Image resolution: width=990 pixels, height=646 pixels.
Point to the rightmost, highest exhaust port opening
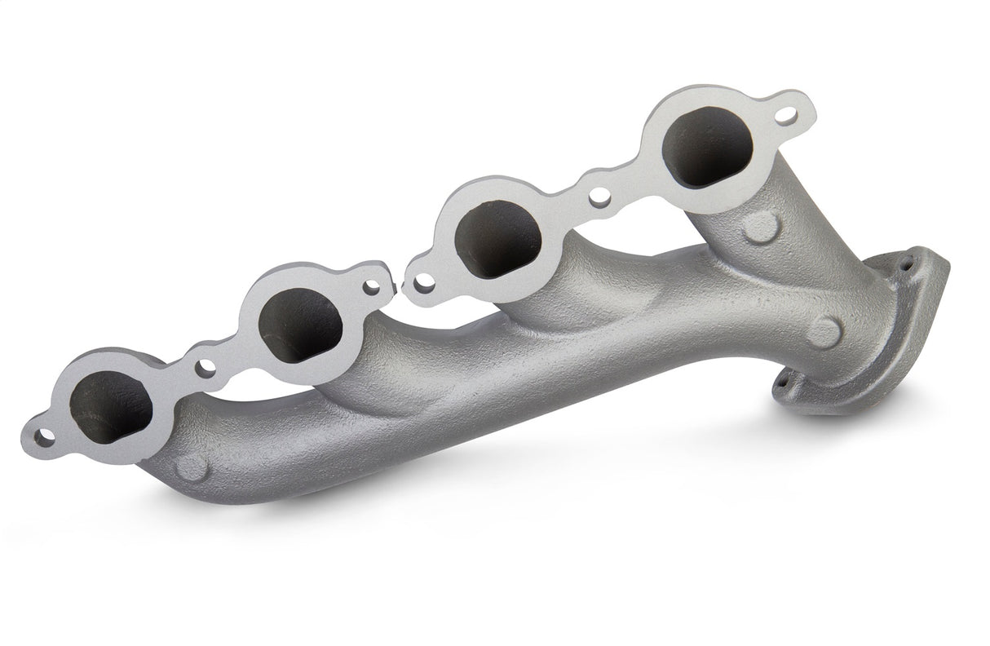tap(705, 150)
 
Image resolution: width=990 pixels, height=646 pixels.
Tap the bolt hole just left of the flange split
tap(373, 285)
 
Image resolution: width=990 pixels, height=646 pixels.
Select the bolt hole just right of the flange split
tap(423, 283)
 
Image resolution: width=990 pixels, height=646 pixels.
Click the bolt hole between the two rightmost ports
tap(599, 197)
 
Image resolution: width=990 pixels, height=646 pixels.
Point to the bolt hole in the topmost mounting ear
tap(784, 115)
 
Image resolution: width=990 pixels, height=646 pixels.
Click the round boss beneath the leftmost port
tap(192, 467)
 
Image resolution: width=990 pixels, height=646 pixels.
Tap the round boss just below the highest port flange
tap(762, 226)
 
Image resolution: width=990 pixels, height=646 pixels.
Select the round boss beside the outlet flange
tap(824, 331)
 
